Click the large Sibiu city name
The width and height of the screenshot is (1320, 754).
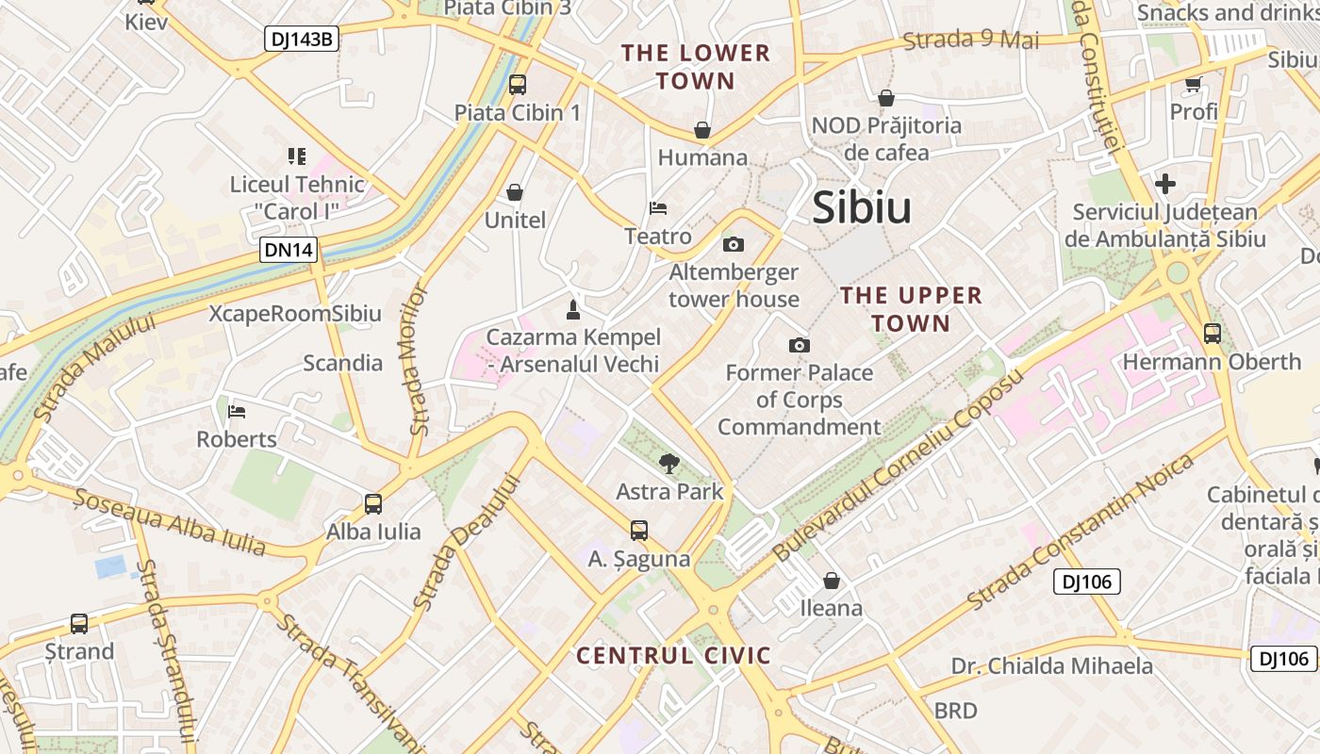862,208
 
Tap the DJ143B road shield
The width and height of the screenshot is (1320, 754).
301,38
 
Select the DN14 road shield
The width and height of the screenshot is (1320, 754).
289,250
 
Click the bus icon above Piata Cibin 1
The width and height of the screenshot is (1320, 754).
517,85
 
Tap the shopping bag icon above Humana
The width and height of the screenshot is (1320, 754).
702,130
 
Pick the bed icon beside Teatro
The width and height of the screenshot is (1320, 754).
658,208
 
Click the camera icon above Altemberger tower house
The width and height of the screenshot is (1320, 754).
733,245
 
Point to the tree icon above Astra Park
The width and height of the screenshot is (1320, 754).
669,463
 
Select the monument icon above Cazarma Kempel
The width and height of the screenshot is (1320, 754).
571,309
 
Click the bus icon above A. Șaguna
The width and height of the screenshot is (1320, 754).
639,531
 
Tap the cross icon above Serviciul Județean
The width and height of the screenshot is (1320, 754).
1165,184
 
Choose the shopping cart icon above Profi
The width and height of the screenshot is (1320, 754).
1194,85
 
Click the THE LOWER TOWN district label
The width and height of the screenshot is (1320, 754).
696,67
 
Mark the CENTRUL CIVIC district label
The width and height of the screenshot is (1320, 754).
673,656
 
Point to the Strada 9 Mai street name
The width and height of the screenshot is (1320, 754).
971,41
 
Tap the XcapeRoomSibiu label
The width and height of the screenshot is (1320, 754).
295,314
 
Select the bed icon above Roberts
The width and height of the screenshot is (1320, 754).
237,412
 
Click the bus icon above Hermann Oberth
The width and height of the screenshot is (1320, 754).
1213,334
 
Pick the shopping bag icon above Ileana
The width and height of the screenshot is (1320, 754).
832,581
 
